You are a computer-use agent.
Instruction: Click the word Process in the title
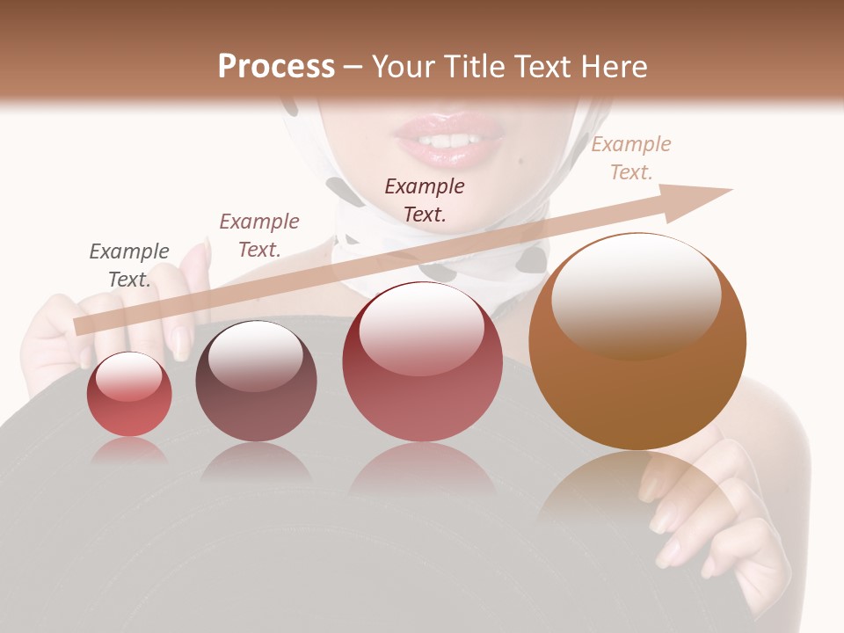point(276,67)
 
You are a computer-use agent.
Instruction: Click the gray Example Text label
point(129,265)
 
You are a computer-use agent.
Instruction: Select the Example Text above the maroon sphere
point(259,235)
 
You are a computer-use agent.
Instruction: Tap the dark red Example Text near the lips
point(425,200)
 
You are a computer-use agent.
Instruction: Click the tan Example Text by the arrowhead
point(631,158)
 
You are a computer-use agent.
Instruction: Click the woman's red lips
point(449,141)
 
